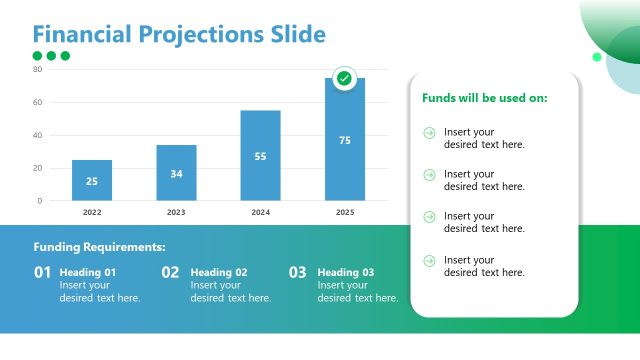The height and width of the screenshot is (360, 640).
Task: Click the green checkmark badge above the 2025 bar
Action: click(x=344, y=78)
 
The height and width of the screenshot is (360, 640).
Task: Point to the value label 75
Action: click(x=345, y=140)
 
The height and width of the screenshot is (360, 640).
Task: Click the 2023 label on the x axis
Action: click(x=176, y=212)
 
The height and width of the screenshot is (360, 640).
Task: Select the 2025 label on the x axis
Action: click(x=345, y=212)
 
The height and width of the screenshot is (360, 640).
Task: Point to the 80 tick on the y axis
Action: click(x=37, y=69)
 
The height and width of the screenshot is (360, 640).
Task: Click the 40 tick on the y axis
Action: click(x=37, y=135)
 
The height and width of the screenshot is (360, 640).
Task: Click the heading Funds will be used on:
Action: click(x=485, y=98)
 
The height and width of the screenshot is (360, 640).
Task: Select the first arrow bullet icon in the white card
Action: click(x=430, y=132)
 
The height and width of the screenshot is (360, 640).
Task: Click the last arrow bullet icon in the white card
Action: click(x=430, y=260)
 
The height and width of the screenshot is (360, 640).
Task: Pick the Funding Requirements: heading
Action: click(x=100, y=247)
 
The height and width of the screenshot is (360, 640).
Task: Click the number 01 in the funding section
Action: click(x=42, y=272)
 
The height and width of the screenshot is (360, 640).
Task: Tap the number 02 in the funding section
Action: click(x=170, y=272)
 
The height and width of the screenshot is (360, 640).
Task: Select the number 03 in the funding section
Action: click(x=298, y=272)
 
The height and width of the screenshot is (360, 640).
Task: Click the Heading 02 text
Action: click(x=218, y=272)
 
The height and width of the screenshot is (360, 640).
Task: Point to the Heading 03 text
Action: click(x=346, y=272)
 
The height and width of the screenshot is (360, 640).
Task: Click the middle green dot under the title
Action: click(x=51, y=56)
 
